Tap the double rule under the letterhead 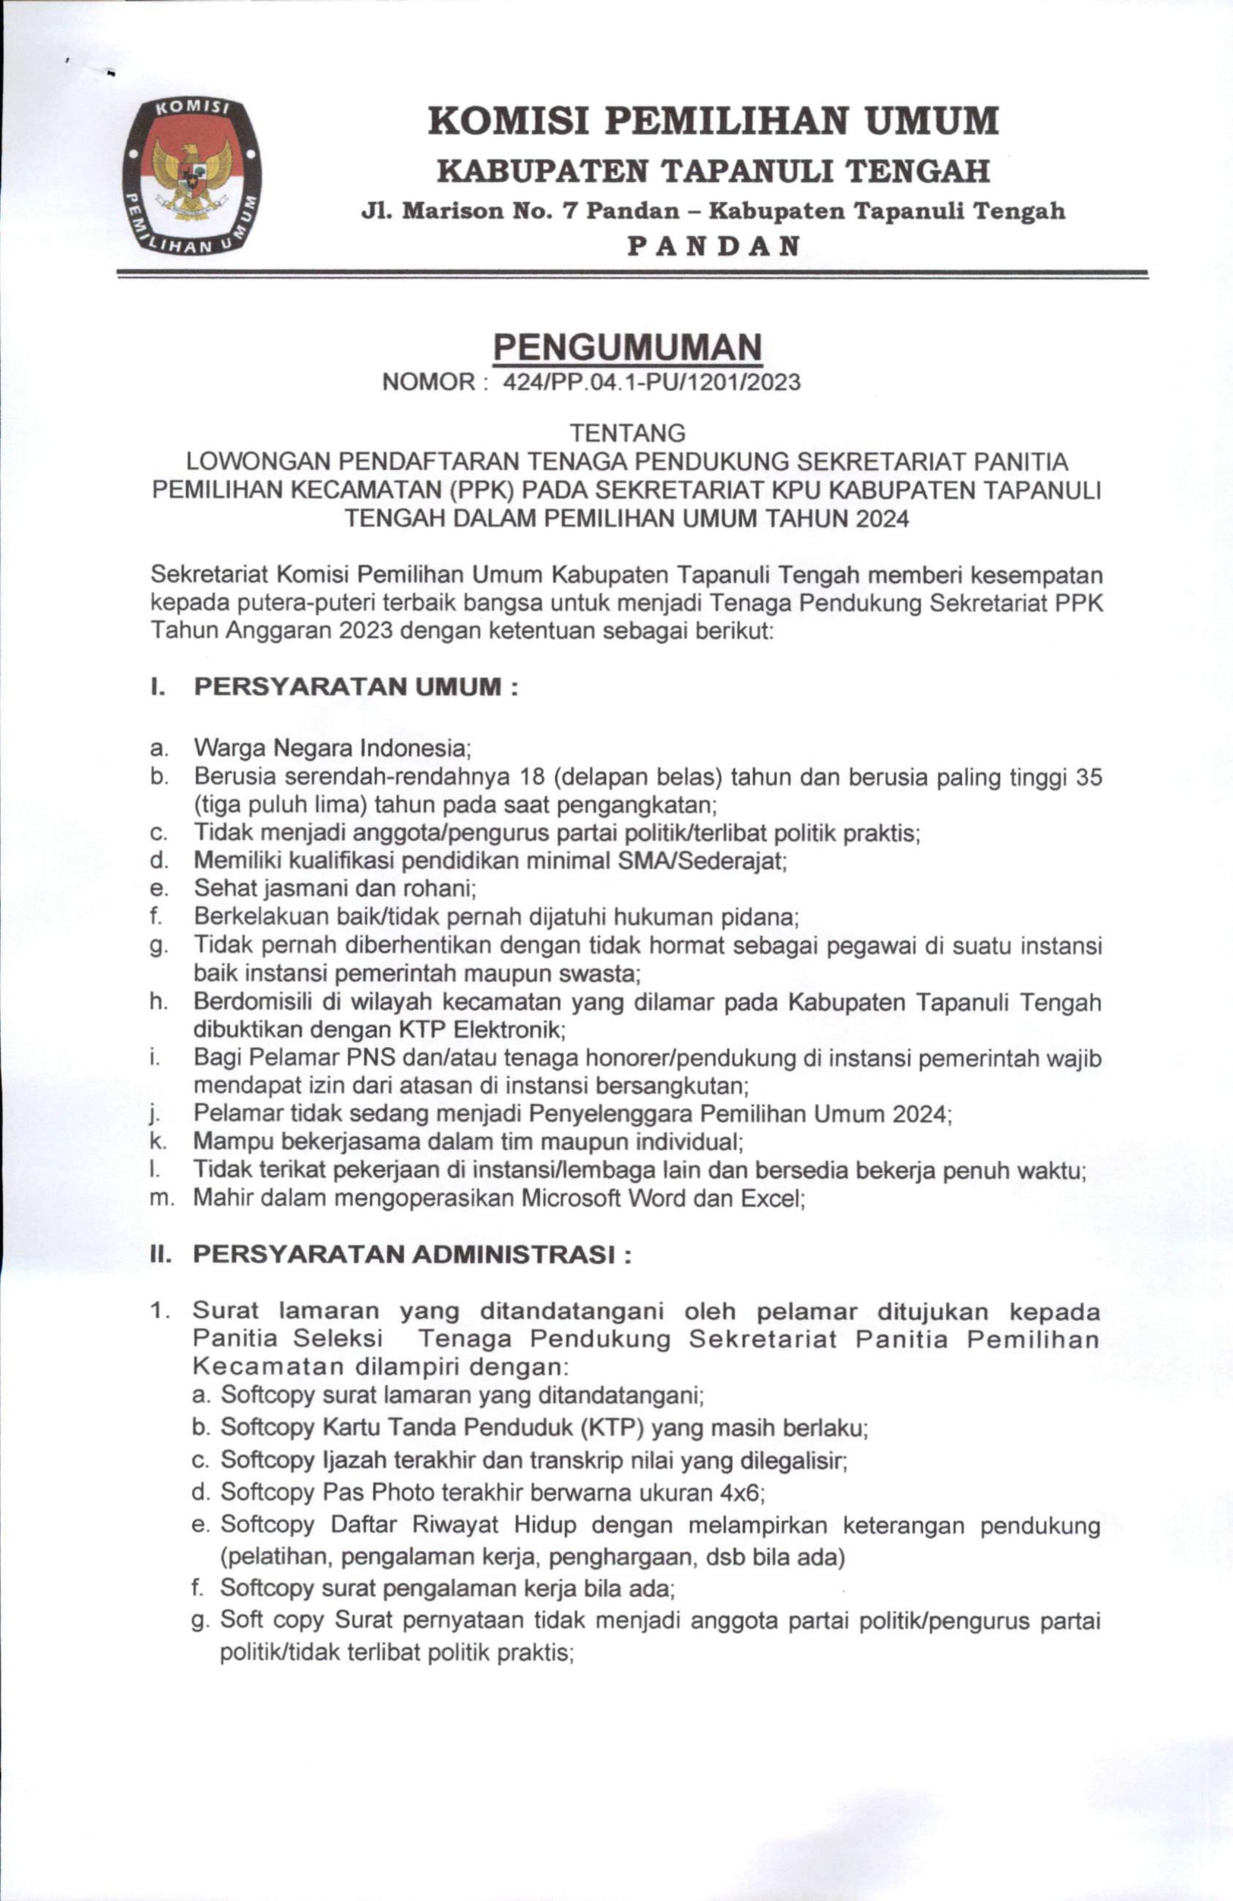(x=631, y=274)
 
